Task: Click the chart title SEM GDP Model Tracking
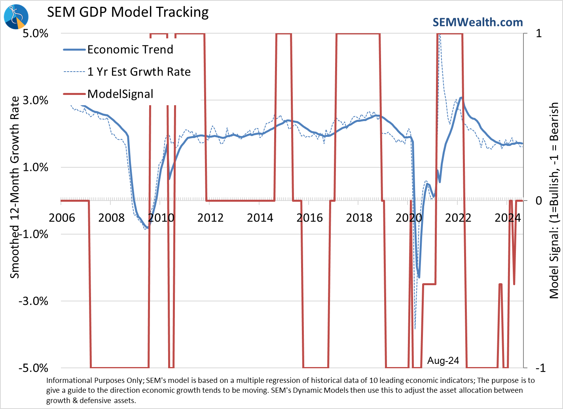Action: pyautogui.click(x=128, y=12)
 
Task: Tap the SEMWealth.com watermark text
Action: pyautogui.click(x=478, y=22)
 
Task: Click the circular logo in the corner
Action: pyautogui.click(x=16, y=17)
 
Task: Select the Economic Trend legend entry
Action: pyautogui.click(x=130, y=49)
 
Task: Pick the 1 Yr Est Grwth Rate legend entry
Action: pyautogui.click(x=139, y=72)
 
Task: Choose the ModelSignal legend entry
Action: pyautogui.click(x=120, y=94)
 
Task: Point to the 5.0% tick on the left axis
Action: pyautogui.click(x=35, y=33)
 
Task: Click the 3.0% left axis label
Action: pyautogui.click(x=35, y=100)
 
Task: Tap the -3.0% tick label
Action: pyautogui.click(x=33, y=301)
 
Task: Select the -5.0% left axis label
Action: pyautogui.click(x=33, y=368)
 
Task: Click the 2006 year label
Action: pyautogui.click(x=62, y=218)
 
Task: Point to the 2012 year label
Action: pyautogui.click(x=210, y=218)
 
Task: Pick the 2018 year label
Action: pyautogui.click(x=359, y=218)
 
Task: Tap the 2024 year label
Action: pyautogui.click(x=508, y=218)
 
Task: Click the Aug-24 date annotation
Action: pyautogui.click(x=443, y=360)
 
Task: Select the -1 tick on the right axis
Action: pyautogui.click(x=540, y=368)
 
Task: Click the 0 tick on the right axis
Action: pyautogui.click(x=539, y=201)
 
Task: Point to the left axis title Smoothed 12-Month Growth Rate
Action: pyautogui.click(x=15, y=187)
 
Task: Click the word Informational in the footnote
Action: pyautogui.click(x=69, y=381)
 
